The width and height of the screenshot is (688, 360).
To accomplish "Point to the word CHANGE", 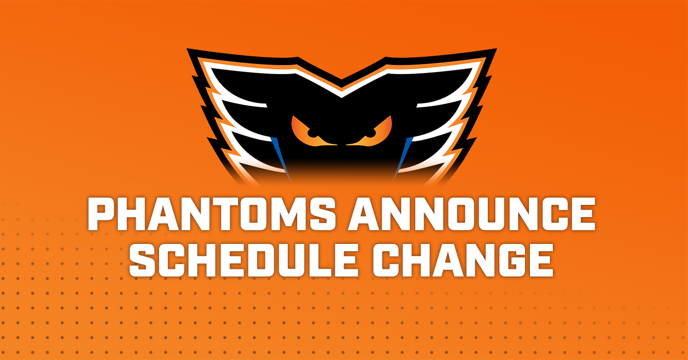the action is coord(463,260).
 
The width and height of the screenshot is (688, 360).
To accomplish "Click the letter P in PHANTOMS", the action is coord(102,214).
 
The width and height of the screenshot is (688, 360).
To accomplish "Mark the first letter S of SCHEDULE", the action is coord(143,260).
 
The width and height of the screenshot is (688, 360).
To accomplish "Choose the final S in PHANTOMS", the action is coord(321,214).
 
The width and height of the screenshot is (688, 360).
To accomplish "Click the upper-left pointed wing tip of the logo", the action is coord(187,49).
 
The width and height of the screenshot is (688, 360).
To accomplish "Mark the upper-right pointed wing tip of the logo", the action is coord(496,49).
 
